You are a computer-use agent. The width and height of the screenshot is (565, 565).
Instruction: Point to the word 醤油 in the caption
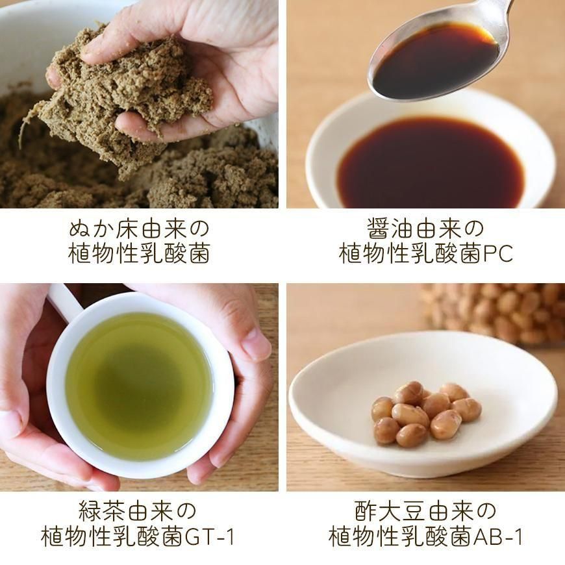click(x=390, y=229)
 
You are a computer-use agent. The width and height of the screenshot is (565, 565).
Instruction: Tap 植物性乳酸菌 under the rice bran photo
click(x=139, y=254)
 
